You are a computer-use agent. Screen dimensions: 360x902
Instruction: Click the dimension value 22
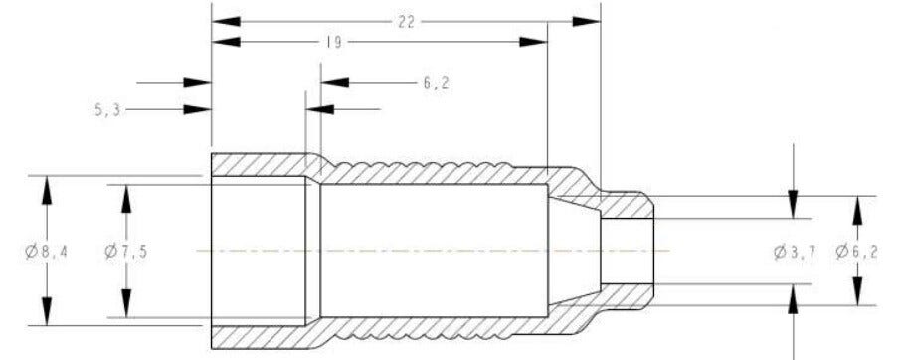[x=406, y=21]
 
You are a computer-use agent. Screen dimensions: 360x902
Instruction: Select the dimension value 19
[x=335, y=42]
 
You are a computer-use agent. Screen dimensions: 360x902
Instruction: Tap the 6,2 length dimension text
[x=436, y=83]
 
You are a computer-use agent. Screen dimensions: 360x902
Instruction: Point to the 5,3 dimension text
[x=107, y=110]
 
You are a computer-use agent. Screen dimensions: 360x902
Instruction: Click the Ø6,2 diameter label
[x=856, y=251]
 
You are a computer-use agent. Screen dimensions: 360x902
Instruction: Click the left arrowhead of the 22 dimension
[x=224, y=21]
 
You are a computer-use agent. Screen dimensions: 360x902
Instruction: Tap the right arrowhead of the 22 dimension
[x=588, y=21]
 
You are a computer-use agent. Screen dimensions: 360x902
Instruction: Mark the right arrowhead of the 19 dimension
[x=535, y=42]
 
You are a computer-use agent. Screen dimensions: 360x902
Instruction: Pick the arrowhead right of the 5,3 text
[x=200, y=110]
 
